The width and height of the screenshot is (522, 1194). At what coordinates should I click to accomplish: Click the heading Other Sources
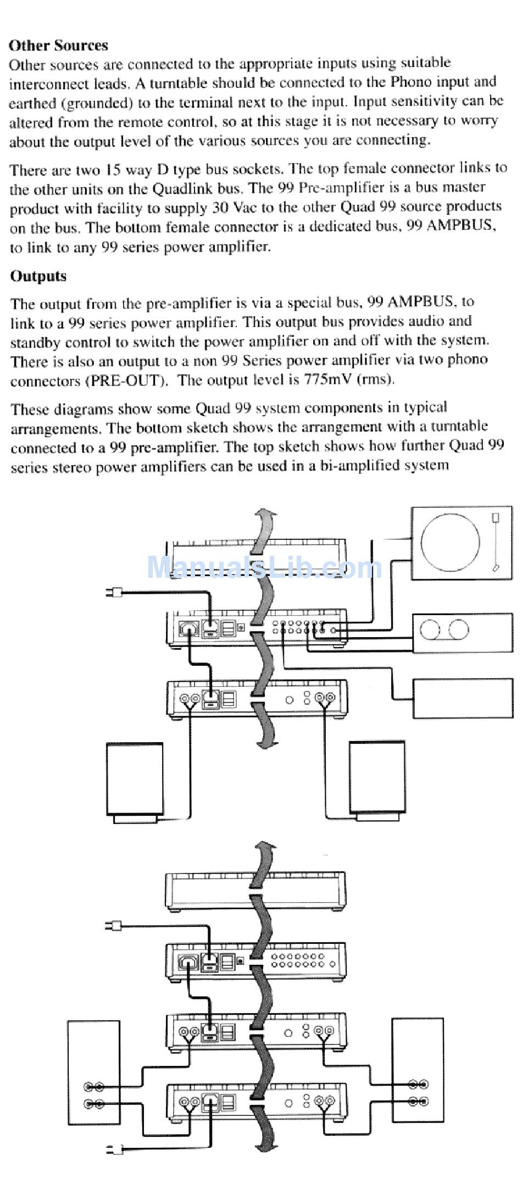(x=58, y=45)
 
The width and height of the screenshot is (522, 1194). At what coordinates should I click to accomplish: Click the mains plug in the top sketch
(x=115, y=592)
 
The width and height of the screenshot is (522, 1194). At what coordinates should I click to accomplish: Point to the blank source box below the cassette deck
(x=462, y=698)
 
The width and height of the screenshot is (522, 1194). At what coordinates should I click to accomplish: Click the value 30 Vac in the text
(x=232, y=208)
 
